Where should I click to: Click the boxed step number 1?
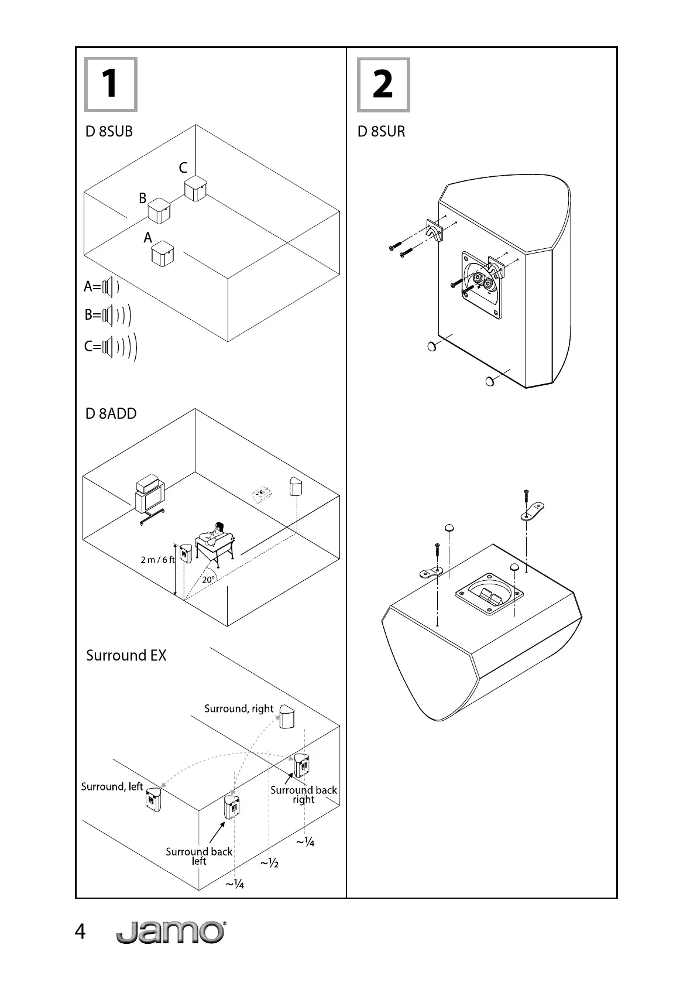(111, 84)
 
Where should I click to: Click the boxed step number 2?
(383, 85)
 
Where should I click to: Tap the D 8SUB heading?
(109, 132)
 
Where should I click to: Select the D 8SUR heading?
(382, 132)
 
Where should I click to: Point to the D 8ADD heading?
(111, 414)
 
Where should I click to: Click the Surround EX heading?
(126, 655)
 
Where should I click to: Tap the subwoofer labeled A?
(162, 254)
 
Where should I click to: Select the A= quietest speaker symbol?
(111, 287)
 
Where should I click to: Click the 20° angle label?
(208, 580)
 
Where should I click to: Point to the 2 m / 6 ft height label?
(157, 560)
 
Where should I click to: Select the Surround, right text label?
(239, 709)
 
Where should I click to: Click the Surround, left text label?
(112, 787)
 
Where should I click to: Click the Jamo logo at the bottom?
(171, 932)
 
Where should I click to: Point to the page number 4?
(80, 932)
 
